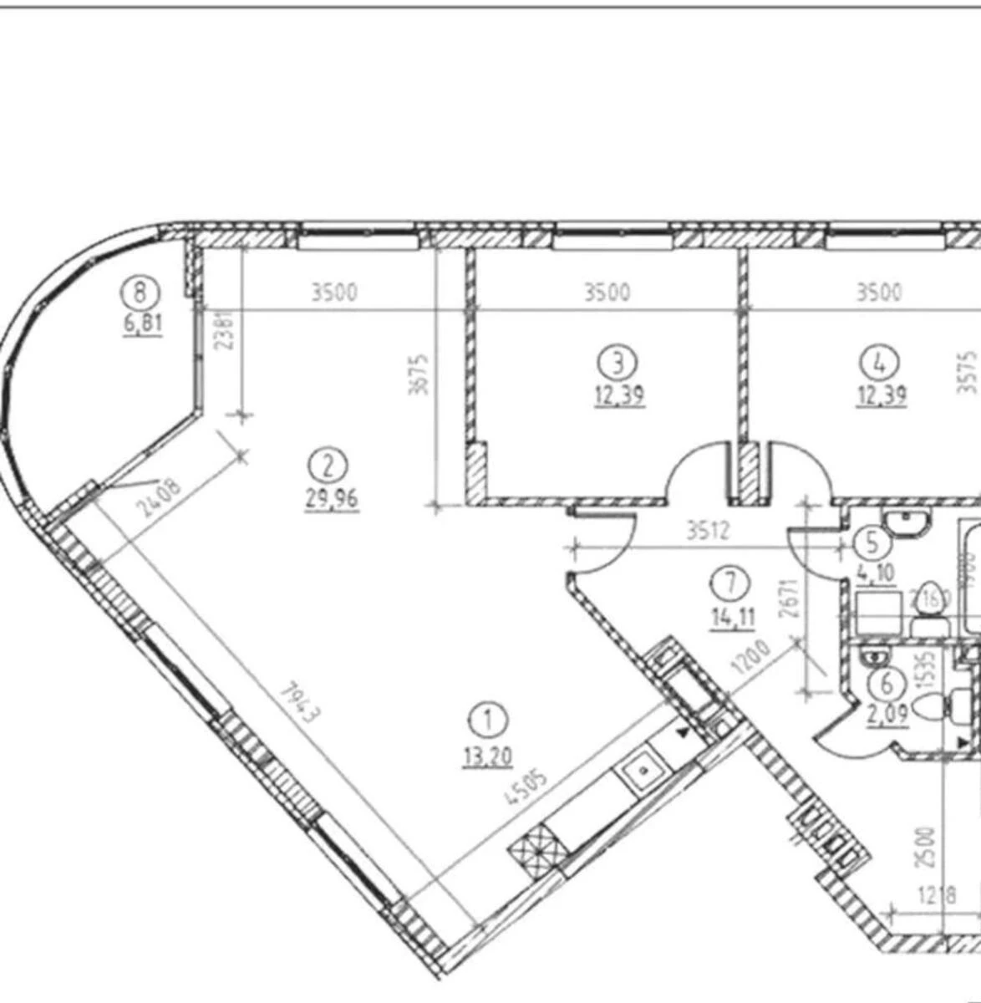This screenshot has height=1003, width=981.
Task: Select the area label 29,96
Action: pos(332,500)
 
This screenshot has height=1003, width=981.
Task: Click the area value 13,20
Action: pos(489,756)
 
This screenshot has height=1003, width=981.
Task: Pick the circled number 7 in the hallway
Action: pos(731,582)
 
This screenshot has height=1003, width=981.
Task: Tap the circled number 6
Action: pos(887,684)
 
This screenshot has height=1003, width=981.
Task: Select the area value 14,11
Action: pos(732,619)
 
